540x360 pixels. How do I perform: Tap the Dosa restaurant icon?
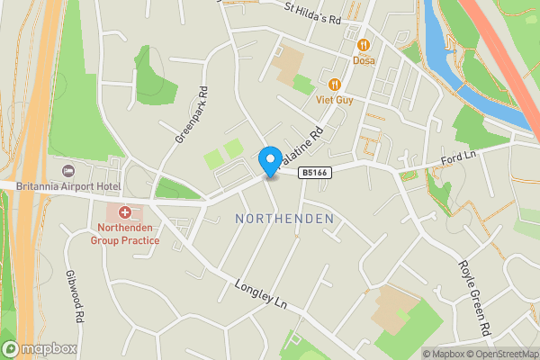pos(364,45)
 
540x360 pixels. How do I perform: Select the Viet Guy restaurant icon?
pos(334,85)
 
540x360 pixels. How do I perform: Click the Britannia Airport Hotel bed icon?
pos(67,171)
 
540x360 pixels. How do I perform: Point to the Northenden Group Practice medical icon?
pos(124,213)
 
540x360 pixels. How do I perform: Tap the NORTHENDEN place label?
pos(283,219)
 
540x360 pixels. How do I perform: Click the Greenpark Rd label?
pos(192,115)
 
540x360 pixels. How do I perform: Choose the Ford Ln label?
pos(457,159)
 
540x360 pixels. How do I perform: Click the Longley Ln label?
pos(259,298)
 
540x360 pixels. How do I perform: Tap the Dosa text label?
pos(364,61)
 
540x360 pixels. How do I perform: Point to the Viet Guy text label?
pos(334,100)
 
